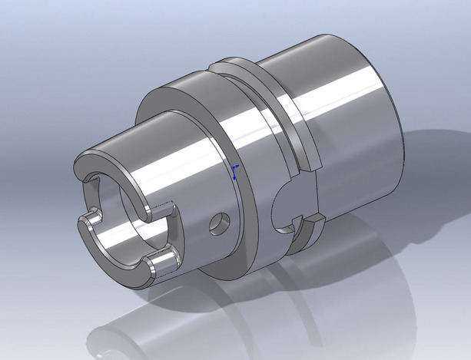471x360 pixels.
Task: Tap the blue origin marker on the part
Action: pos(235,169)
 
